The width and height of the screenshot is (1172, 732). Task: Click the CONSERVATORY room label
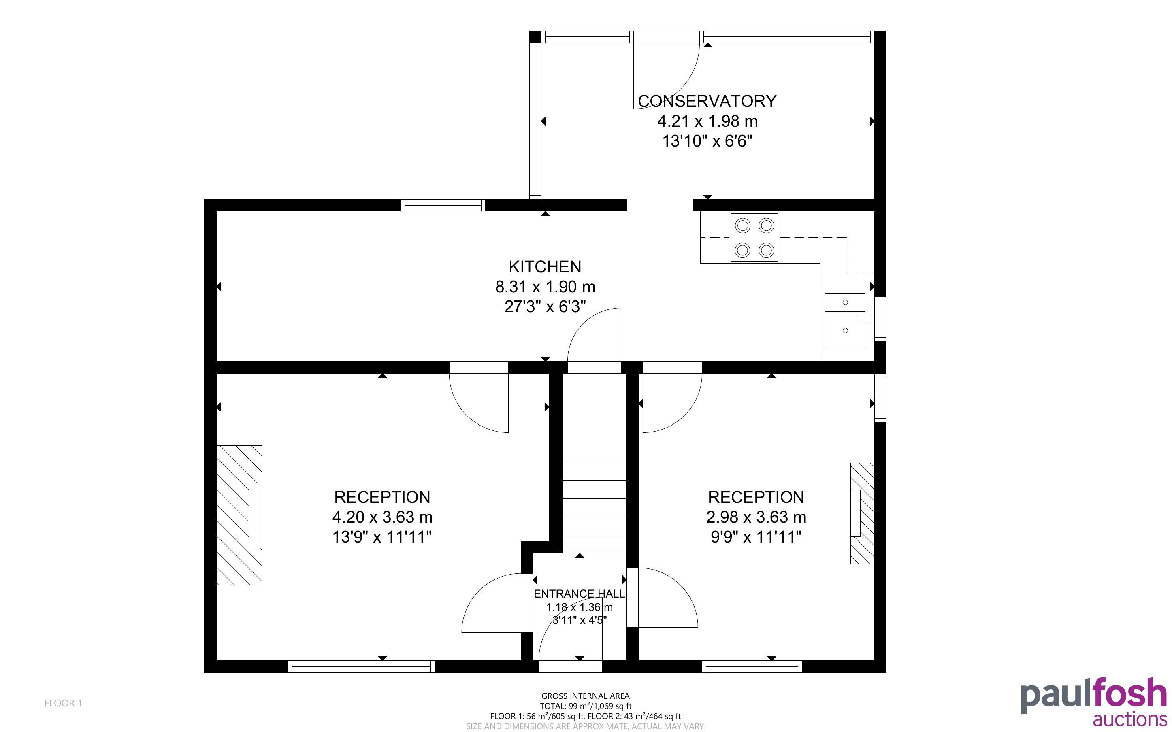point(707,101)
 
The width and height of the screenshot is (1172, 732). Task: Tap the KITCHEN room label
point(545,267)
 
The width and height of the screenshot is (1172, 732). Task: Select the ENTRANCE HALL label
point(579,594)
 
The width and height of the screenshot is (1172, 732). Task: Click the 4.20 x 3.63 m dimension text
point(382,517)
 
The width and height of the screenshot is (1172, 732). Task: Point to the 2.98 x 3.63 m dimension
point(756,517)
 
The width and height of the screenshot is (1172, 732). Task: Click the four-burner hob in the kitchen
point(754,238)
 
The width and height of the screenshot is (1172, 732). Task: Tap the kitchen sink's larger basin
point(845,330)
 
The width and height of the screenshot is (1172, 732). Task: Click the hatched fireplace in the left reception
point(239,515)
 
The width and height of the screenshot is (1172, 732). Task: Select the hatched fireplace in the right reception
point(862,513)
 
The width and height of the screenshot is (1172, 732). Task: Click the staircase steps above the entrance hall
point(595,507)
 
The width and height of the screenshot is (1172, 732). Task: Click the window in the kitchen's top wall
point(443,205)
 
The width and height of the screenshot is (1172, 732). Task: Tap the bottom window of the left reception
point(361,667)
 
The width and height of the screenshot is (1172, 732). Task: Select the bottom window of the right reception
point(752,667)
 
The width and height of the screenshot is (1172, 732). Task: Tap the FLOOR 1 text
point(64,703)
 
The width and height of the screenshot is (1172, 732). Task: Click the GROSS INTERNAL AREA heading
point(585,696)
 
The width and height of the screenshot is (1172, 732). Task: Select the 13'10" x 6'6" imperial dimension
point(707,141)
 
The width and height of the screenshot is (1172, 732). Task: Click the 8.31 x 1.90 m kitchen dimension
point(545,287)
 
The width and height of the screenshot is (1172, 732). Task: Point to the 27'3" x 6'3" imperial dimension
point(545,307)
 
